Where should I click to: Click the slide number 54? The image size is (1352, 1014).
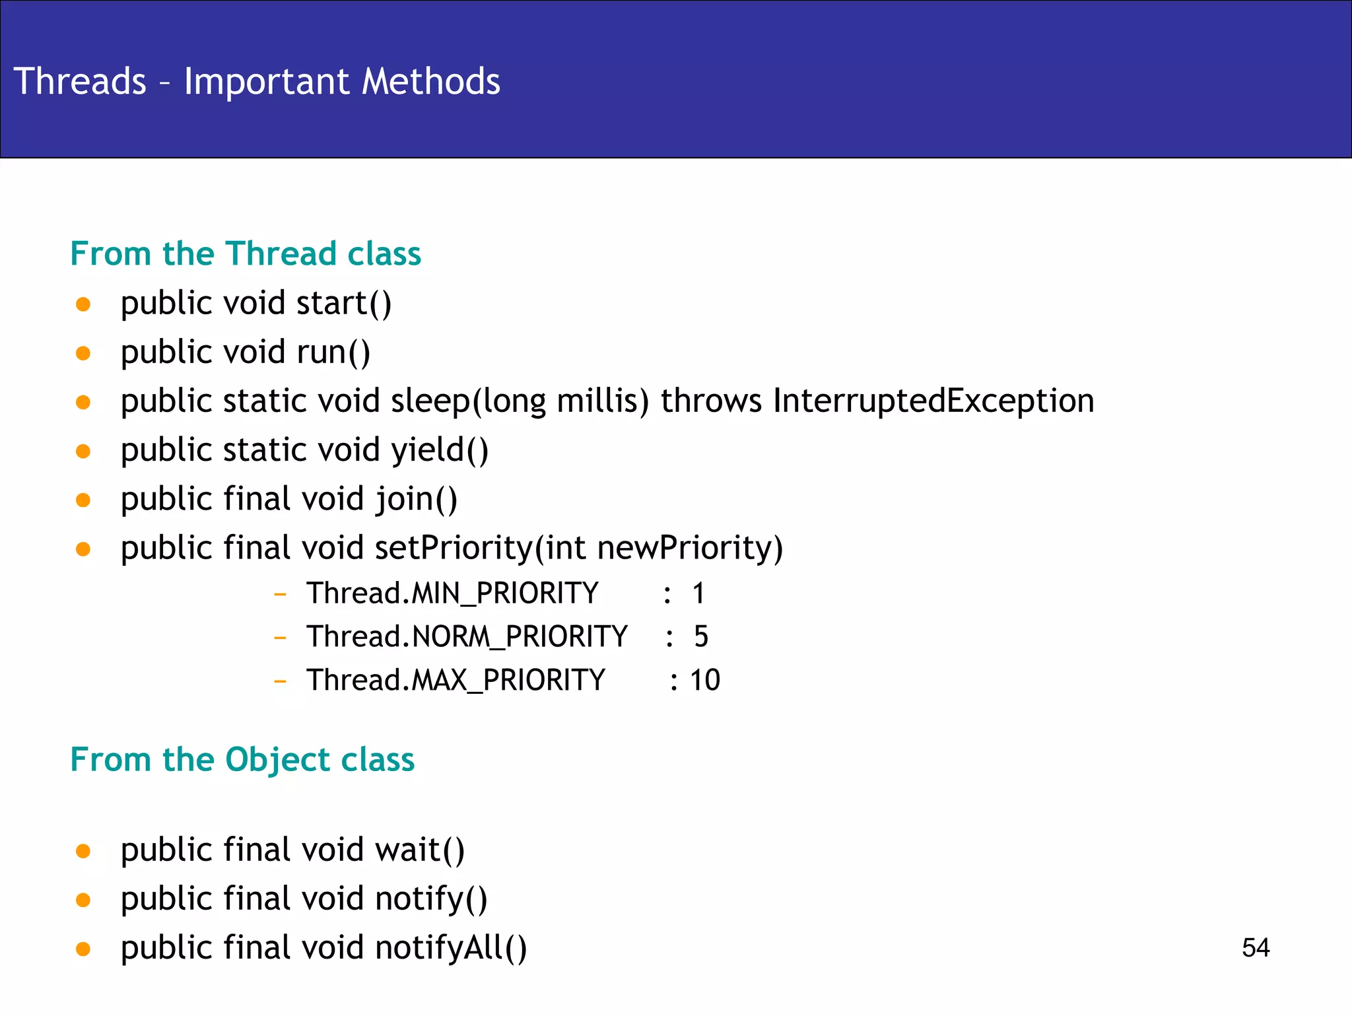[1255, 948]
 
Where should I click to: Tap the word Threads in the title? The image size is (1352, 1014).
[80, 82]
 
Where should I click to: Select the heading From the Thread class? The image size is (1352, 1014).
[246, 254]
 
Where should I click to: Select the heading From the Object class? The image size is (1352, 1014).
[242, 760]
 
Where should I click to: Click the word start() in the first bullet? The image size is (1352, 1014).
[343, 304]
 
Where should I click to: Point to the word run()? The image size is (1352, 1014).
[333, 353]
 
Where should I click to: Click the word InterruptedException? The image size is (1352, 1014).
[933, 401]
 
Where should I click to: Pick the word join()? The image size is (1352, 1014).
[416, 500]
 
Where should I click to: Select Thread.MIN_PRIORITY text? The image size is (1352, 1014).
[452, 593]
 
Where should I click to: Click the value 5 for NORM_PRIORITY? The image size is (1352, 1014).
[700, 637]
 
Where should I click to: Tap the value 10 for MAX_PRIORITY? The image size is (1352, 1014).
[704, 681]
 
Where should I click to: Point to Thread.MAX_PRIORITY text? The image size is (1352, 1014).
[456, 681]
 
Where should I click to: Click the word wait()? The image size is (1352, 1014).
[420, 850]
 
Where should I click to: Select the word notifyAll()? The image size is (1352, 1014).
[451, 948]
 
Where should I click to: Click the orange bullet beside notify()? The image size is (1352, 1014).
[83, 900]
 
